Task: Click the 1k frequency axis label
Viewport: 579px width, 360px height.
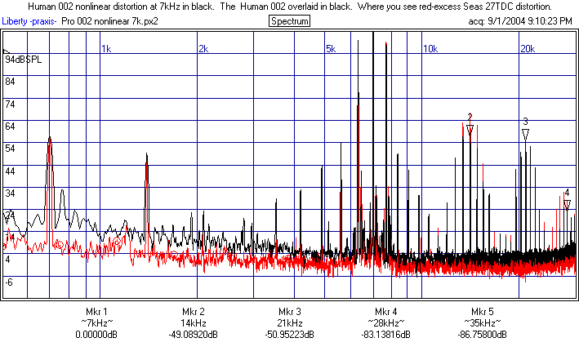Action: coord(106,49)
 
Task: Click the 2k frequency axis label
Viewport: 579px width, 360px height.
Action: coord(203,49)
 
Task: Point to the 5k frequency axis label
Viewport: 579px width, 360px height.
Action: coord(332,49)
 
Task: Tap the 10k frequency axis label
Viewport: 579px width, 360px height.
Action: coord(430,49)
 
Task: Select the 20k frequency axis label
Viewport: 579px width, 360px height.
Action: coord(527,49)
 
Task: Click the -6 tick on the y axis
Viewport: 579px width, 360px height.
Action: coord(11,282)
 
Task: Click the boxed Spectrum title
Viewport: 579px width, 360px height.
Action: coord(289,20)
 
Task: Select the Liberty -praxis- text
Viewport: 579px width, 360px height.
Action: coord(29,20)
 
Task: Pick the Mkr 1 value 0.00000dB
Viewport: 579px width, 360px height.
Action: coord(96,335)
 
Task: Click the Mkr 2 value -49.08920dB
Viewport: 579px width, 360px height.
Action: coord(193,335)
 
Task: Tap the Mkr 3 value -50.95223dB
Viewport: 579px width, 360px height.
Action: coord(289,335)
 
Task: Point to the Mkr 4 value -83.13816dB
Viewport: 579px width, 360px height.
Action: coord(386,335)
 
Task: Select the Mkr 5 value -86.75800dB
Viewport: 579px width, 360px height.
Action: coord(483,335)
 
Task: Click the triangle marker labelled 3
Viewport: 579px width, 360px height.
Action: coord(525,133)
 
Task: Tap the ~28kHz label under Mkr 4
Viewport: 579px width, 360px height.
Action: coord(386,323)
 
